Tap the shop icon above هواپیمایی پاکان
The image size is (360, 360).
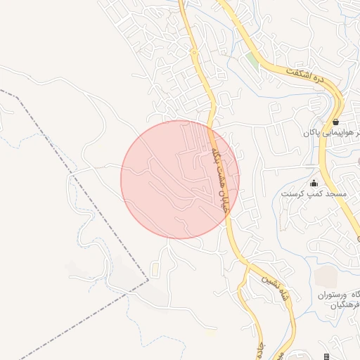(336, 122)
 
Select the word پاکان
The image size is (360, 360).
(311, 132)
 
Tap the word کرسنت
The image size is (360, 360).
(293, 193)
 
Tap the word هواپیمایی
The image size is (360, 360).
(340, 132)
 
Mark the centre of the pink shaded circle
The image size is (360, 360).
(180, 179)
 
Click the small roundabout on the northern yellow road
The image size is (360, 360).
(193, 52)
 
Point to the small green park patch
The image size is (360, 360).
(252, 60)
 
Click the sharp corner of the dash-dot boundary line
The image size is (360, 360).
(148, 281)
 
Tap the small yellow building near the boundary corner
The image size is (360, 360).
(155, 271)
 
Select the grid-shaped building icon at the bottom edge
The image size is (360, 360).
(327, 356)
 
